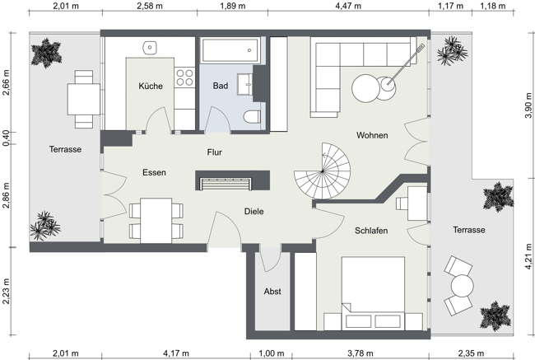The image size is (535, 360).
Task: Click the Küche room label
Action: pyautogui.click(x=151, y=86)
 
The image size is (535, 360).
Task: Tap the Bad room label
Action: pyautogui.click(x=221, y=86)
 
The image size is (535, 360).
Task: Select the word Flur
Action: pyautogui.click(x=214, y=152)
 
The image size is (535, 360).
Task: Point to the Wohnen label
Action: pyautogui.click(x=372, y=135)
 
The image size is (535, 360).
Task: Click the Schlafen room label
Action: pyautogui.click(x=371, y=231)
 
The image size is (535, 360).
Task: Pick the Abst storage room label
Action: pyautogui.click(x=272, y=292)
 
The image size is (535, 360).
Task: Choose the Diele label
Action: pyautogui.click(x=254, y=212)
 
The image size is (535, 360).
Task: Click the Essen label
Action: pyautogui.click(x=154, y=173)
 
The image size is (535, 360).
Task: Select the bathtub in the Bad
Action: pyautogui.click(x=227, y=50)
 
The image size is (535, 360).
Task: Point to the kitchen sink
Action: pyautogui.click(x=151, y=47)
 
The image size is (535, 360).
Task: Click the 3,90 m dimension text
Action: pyautogui.click(x=528, y=105)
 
